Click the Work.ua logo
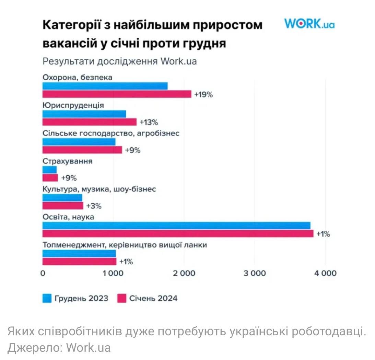click(309, 24)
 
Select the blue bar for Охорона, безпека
click(105, 86)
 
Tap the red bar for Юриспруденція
click(90, 122)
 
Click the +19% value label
click(203, 95)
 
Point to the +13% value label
click(149, 122)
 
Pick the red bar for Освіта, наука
click(178, 234)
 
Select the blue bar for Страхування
click(49, 170)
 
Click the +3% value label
click(94, 206)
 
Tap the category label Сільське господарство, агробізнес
click(111, 133)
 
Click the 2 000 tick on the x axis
click(184, 273)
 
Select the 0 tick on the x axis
click(43, 273)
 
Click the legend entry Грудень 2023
click(76, 298)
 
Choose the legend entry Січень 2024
click(148, 298)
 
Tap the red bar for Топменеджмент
click(79, 262)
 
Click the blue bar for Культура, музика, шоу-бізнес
click(62, 197)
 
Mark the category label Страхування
click(67, 161)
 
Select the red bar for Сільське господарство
click(82, 150)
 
